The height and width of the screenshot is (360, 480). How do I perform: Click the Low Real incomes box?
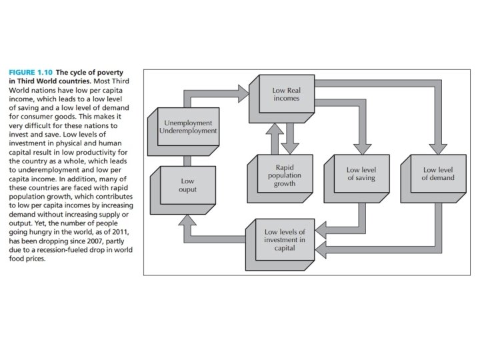coord(285,94)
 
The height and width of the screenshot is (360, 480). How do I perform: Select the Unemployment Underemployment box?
coord(188,127)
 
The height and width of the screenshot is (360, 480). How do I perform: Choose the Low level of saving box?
coord(361,175)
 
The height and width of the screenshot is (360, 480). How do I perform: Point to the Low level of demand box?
coord(437,175)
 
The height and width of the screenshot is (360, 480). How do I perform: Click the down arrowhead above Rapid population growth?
coord(290,147)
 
